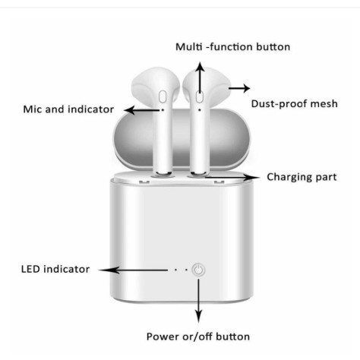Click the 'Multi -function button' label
click(x=232, y=47)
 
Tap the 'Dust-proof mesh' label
click(x=295, y=104)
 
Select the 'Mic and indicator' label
click(x=68, y=109)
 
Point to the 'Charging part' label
click(x=302, y=177)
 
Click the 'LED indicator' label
click(x=55, y=269)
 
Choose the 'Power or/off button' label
click(x=198, y=336)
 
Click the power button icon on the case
click(x=198, y=270)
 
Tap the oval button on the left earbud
click(x=163, y=96)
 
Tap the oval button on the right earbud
click(x=200, y=96)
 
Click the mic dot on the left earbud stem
click(x=163, y=110)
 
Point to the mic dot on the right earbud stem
click(x=200, y=110)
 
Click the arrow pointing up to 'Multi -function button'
click(x=201, y=78)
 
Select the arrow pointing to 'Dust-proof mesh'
click(x=239, y=88)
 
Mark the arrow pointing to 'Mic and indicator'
click(x=142, y=110)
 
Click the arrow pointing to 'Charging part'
click(x=232, y=177)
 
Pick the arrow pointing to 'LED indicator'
click(x=133, y=270)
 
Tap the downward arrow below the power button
click(x=199, y=301)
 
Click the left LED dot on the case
click(x=175, y=270)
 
